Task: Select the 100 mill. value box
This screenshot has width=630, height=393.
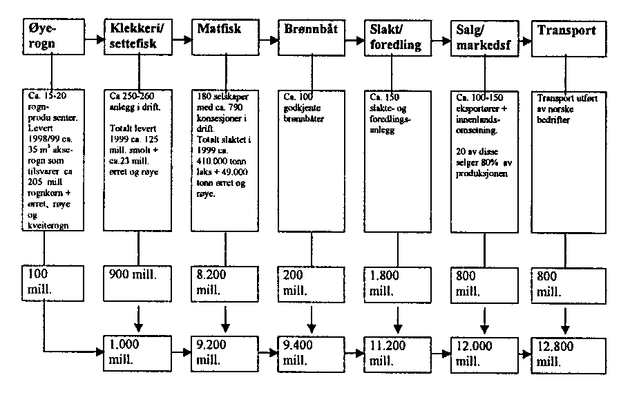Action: pyautogui.click(x=45, y=282)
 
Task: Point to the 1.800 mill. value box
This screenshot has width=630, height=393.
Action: pyautogui.click(x=397, y=282)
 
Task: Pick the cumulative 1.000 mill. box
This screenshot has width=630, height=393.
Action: pyautogui.click(x=138, y=352)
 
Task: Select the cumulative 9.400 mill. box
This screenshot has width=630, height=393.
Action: pyautogui.click(x=311, y=352)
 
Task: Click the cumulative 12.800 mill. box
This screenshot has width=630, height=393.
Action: pyautogui.click(x=567, y=352)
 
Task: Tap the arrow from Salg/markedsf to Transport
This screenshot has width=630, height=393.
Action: pyautogui.click(x=527, y=39)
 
